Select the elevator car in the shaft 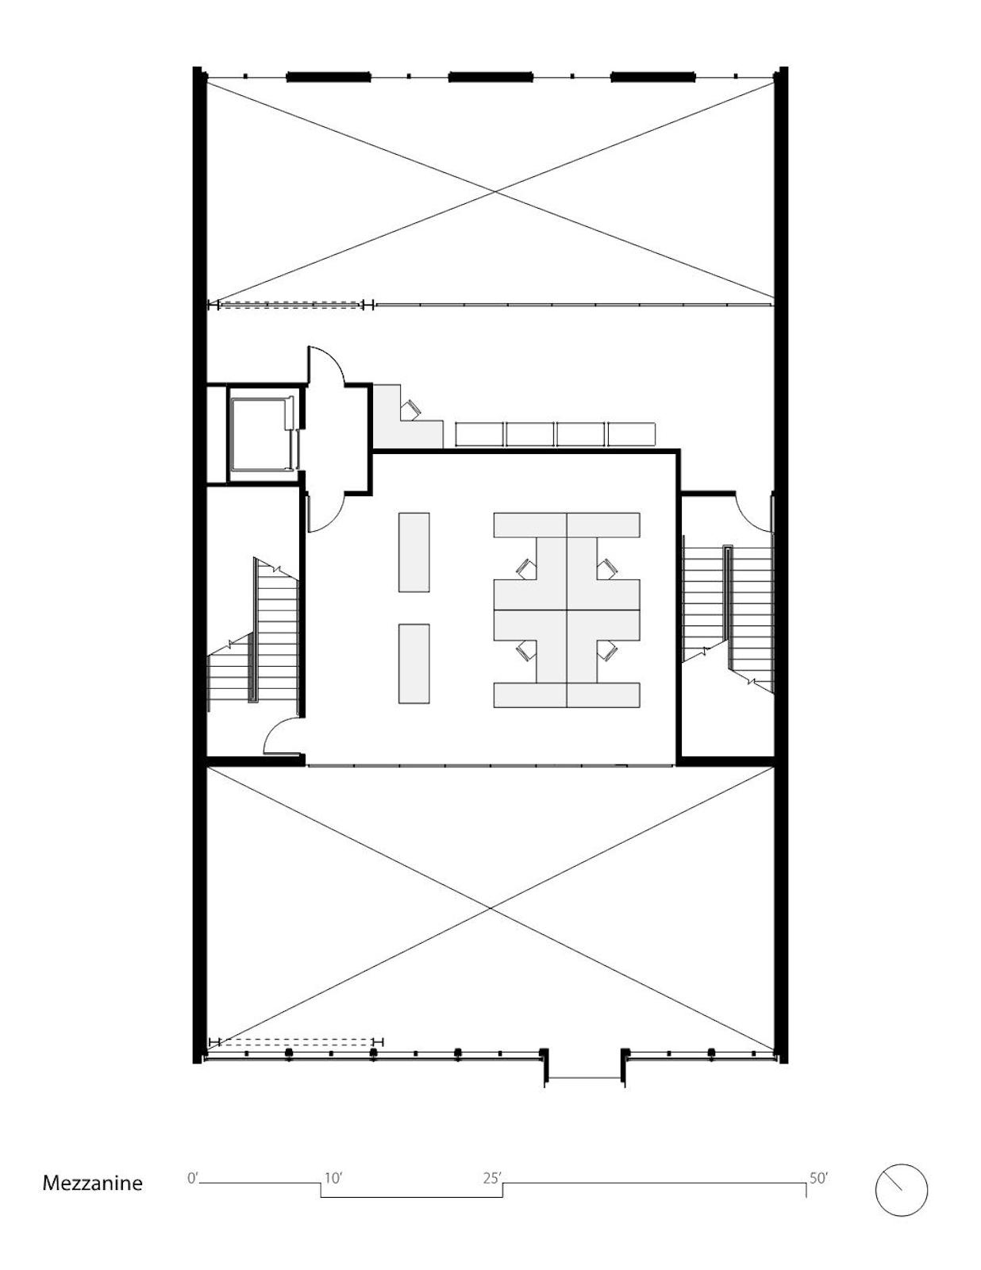262,433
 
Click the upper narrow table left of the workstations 414,552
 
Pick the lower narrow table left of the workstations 414,664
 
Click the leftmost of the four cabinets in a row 479,434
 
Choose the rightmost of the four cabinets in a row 632,434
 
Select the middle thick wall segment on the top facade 490,76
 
